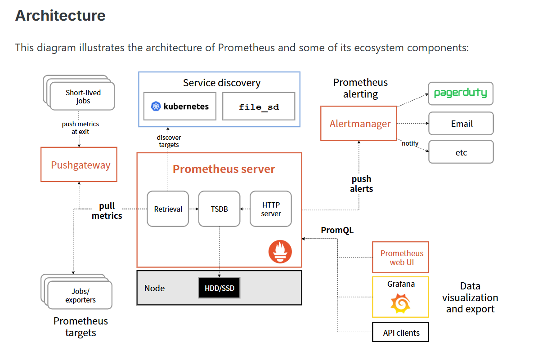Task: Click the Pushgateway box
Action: point(79,164)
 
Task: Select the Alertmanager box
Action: point(359,124)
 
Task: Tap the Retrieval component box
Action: point(168,209)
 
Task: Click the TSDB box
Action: point(219,209)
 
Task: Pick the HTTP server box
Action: point(271,209)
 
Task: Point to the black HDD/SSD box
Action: point(219,288)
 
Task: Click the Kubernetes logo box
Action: point(179,107)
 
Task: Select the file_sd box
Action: point(259,107)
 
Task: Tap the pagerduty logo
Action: point(460,93)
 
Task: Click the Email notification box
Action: point(461,124)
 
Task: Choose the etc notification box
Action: point(461,152)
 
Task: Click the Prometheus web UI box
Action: point(400,258)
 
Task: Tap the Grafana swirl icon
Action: point(400,303)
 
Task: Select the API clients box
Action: point(400,333)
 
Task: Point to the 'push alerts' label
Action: point(361,184)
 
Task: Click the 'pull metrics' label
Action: point(107,211)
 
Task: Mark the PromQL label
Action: point(337,230)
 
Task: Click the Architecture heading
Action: point(60,16)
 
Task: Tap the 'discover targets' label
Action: point(169,141)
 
